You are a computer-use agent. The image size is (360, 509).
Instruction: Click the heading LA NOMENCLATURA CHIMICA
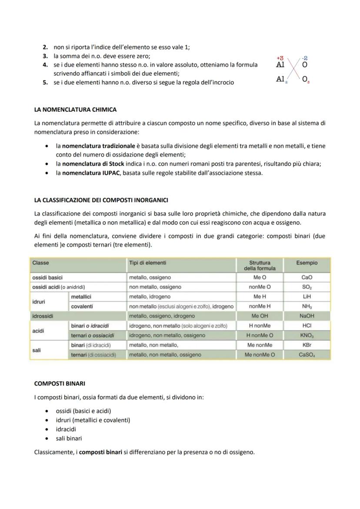coord(75,110)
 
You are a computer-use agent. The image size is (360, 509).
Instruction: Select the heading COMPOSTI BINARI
coord(60,383)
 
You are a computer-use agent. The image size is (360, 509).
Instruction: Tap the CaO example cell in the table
coord(307,277)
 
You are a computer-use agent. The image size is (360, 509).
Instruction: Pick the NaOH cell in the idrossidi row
coord(307,316)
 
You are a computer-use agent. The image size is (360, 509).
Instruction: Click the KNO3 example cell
coord(307,336)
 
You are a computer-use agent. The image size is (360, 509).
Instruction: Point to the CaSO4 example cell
coord(307,355)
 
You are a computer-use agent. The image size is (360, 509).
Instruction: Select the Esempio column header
coord(307,263)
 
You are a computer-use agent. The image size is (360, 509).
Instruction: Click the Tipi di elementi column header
coord(147,263)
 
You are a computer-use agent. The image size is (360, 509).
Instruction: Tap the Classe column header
coord(40,263)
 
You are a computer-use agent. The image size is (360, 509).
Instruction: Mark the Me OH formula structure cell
coord(260,316)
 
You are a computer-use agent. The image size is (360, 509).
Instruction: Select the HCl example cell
coord(307,326)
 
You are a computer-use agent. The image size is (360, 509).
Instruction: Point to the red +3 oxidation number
coord(280,58)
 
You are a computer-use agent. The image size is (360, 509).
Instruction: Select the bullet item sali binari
coord(69,438)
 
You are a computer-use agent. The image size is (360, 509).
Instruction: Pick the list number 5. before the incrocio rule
coord(45,83)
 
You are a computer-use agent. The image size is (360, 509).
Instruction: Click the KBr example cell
coord(307,345)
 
